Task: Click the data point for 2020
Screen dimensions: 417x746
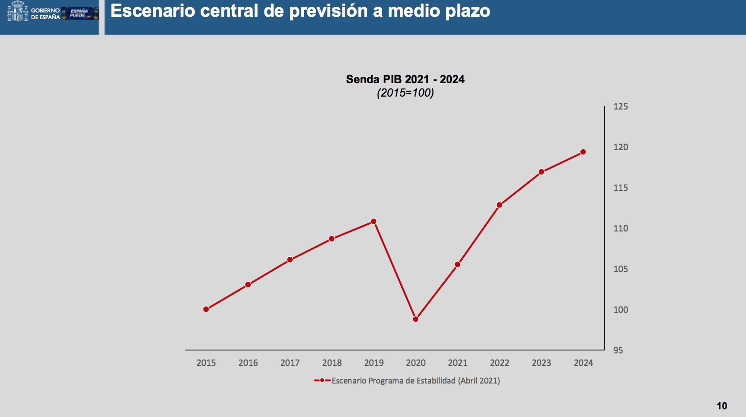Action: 416,319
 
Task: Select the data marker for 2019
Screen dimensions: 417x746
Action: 373,221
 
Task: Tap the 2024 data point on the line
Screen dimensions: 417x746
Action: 583,152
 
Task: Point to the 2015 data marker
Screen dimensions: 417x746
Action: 206,309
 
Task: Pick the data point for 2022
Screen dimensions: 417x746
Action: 499,205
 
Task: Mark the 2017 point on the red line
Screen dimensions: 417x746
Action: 290,260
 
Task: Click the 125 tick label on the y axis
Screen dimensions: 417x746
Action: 620,107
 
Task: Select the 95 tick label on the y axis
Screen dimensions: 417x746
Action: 618,351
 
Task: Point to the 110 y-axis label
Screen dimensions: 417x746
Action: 620,229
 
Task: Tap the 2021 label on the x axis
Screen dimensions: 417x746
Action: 458,363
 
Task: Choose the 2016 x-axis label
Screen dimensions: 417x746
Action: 248,363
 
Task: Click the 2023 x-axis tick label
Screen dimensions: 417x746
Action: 541,363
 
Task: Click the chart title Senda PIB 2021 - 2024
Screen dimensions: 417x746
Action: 405,79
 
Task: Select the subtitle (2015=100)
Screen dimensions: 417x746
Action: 405,93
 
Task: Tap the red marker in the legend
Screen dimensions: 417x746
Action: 322,381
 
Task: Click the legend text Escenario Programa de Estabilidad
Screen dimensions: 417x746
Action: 416,381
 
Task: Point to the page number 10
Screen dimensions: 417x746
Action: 722,406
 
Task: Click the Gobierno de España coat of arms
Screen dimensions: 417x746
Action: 18,11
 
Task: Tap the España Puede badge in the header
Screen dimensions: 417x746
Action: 79,13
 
